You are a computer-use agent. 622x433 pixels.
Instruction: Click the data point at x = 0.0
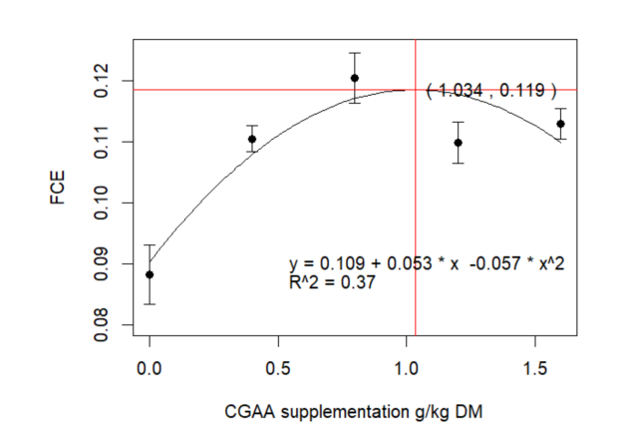click(x=150, y=274)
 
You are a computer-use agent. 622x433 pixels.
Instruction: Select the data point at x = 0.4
click(x=252, y=140)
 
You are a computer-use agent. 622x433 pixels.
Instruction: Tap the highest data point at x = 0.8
click(x=355, y=78)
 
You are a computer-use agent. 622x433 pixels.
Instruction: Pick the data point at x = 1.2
click(x=458, y=143)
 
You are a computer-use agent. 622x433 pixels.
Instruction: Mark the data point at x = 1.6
click(x=560, y=124)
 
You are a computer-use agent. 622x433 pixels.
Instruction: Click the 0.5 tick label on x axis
click(x=278, y=367)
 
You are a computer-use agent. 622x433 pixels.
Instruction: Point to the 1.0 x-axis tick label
click(x=406, y=367)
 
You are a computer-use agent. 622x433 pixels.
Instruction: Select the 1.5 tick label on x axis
click(x=534, y=367)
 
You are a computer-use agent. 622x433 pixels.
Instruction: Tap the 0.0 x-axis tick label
click(x=150, y=367)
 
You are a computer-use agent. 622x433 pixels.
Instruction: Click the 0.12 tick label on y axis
click(x=103, y=81)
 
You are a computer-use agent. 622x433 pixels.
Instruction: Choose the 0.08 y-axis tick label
click(x=103, y=325)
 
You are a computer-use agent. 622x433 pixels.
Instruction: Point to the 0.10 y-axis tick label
click(x=103, y=204)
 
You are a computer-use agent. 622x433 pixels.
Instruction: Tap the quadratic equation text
click(x=427, y=264)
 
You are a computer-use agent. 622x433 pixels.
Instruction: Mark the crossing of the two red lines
click(x=415, y=90)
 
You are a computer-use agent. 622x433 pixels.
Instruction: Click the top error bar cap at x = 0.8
click(x=355, y=53)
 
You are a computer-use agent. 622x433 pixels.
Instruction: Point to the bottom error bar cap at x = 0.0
click(x=150, y=304)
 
